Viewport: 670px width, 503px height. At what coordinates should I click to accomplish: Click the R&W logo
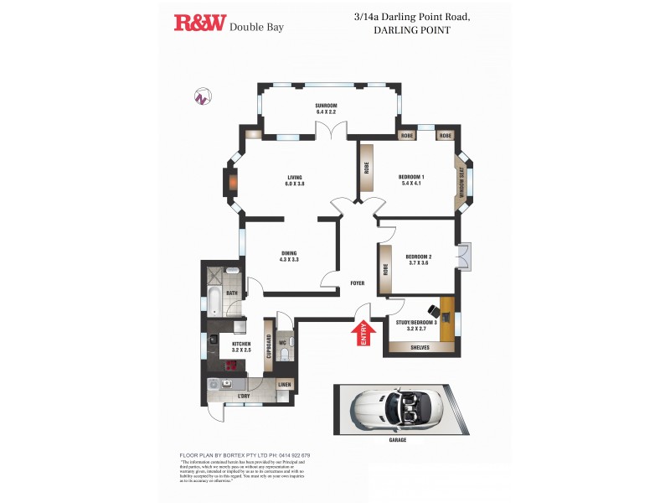[199, 23]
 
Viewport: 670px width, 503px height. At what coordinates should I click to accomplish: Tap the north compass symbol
[201, 96]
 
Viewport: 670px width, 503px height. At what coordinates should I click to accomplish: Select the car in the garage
[396, 411]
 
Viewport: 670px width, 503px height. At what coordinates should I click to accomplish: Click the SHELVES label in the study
[420, 347]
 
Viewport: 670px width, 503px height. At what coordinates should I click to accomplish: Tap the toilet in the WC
[285, 355]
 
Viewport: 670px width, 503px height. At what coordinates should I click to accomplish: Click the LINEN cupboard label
[285, 386]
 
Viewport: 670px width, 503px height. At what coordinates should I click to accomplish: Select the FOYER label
[358, 283]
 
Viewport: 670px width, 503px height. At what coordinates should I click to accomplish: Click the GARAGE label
[397, 439]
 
